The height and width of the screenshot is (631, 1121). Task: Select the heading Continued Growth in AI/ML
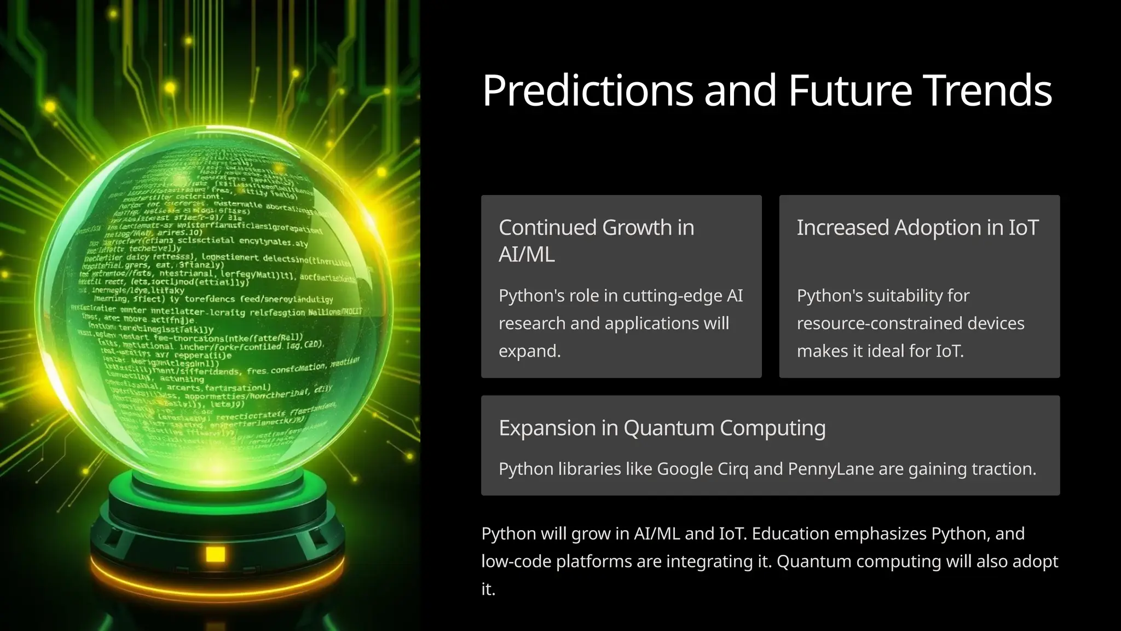pos(596,240)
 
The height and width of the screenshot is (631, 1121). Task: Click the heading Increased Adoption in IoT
pos(917,227)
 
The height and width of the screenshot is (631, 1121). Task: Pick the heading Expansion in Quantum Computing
pos(662,428)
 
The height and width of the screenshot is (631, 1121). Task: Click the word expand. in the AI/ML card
pos(529,351)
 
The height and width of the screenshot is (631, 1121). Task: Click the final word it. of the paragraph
pos(488,589)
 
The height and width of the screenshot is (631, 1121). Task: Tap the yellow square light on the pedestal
pos(215,554)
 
